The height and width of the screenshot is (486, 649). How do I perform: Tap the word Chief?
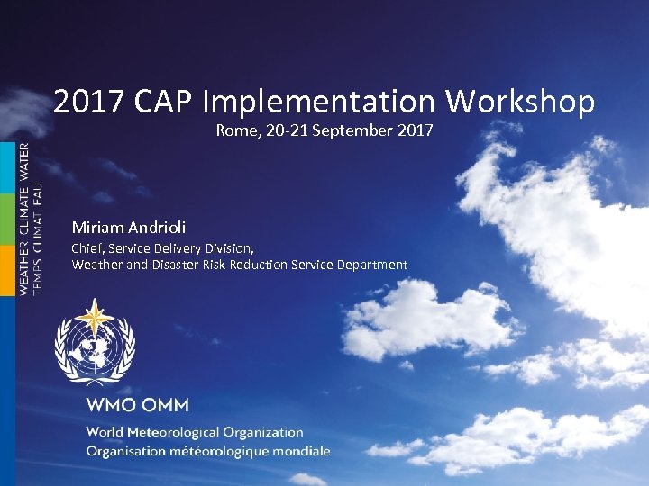[x=87, y=247]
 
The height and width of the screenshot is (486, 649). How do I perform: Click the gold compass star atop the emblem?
[x=94, y=318]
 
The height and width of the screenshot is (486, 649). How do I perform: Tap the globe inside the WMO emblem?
[x=94, y=348]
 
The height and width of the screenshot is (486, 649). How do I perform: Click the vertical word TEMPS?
[x=37, y=274]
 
